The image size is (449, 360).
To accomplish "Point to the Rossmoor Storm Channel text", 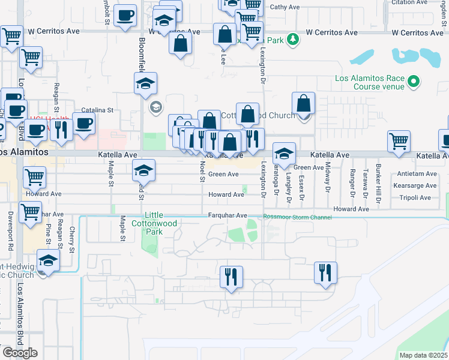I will click(x=297, y=217).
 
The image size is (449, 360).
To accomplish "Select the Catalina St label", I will click(x=97, y=110).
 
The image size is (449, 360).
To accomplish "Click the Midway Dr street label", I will click(x=328, y=178).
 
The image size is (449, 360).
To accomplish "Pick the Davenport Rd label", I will click(x=11, y=230).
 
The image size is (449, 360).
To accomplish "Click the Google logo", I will click(x=20, y=353).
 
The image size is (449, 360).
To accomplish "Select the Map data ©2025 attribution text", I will click(x=423, y=355).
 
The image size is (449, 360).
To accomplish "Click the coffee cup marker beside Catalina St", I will click(x=83, y=124).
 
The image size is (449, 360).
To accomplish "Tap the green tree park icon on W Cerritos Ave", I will click(x=292, y=40).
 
